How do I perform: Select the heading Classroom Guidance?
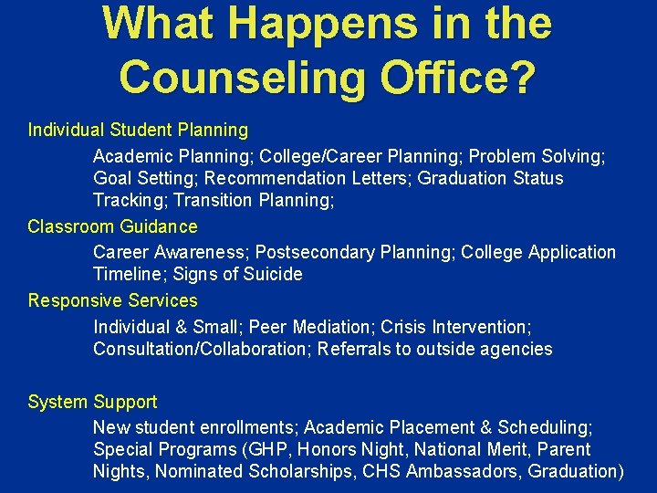click(x=112, y=226)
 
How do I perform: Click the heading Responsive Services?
click(x=112, y=300)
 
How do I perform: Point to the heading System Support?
click(x=92, y=402)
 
